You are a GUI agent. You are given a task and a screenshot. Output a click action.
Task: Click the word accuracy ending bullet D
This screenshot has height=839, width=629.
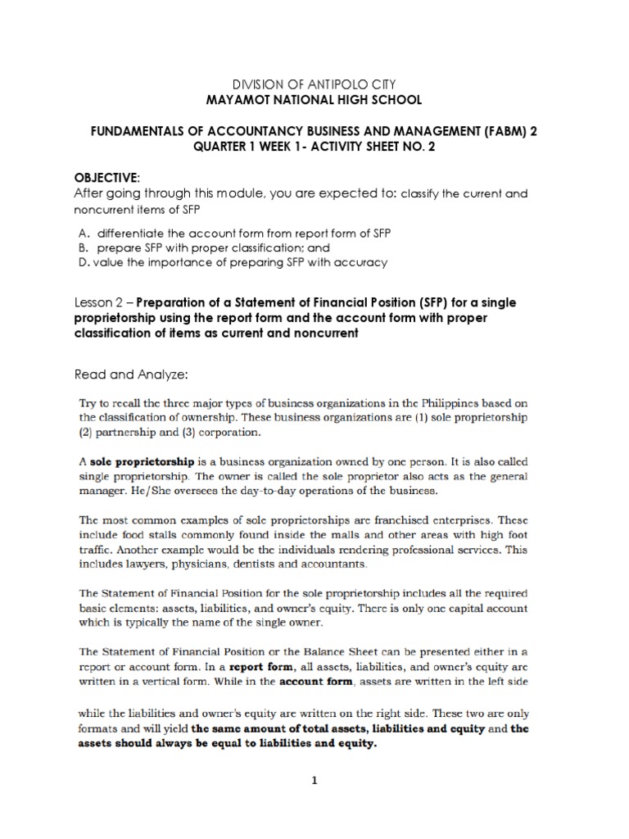point(364,262)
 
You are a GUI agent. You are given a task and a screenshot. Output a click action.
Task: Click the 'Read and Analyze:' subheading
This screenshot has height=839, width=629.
point(131,374)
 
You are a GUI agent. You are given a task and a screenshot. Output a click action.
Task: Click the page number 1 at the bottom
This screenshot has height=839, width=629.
point(313,782)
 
